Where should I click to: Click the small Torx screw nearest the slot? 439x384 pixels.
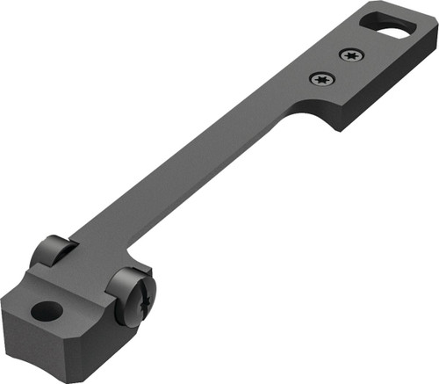click(350, 54)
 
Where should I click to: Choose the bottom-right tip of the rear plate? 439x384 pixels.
click(337, 128)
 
